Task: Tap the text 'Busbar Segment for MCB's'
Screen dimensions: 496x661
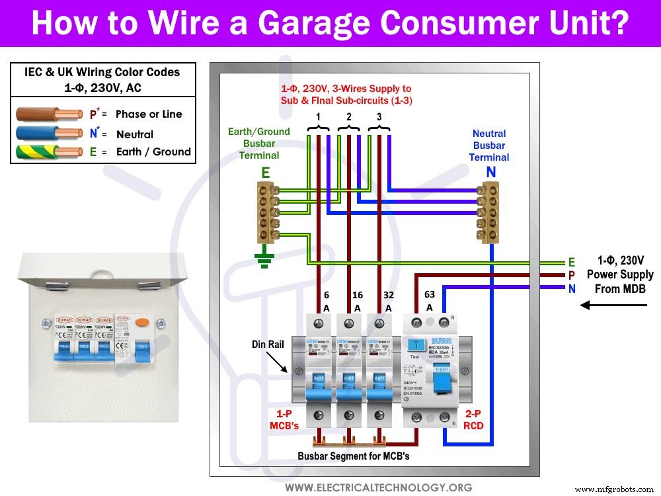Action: pos(354,456)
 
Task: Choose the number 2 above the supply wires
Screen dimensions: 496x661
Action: pos(349,116)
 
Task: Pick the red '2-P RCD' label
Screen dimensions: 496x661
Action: pos(473,419)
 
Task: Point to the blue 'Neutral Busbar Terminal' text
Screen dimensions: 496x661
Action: pos(489,145)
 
